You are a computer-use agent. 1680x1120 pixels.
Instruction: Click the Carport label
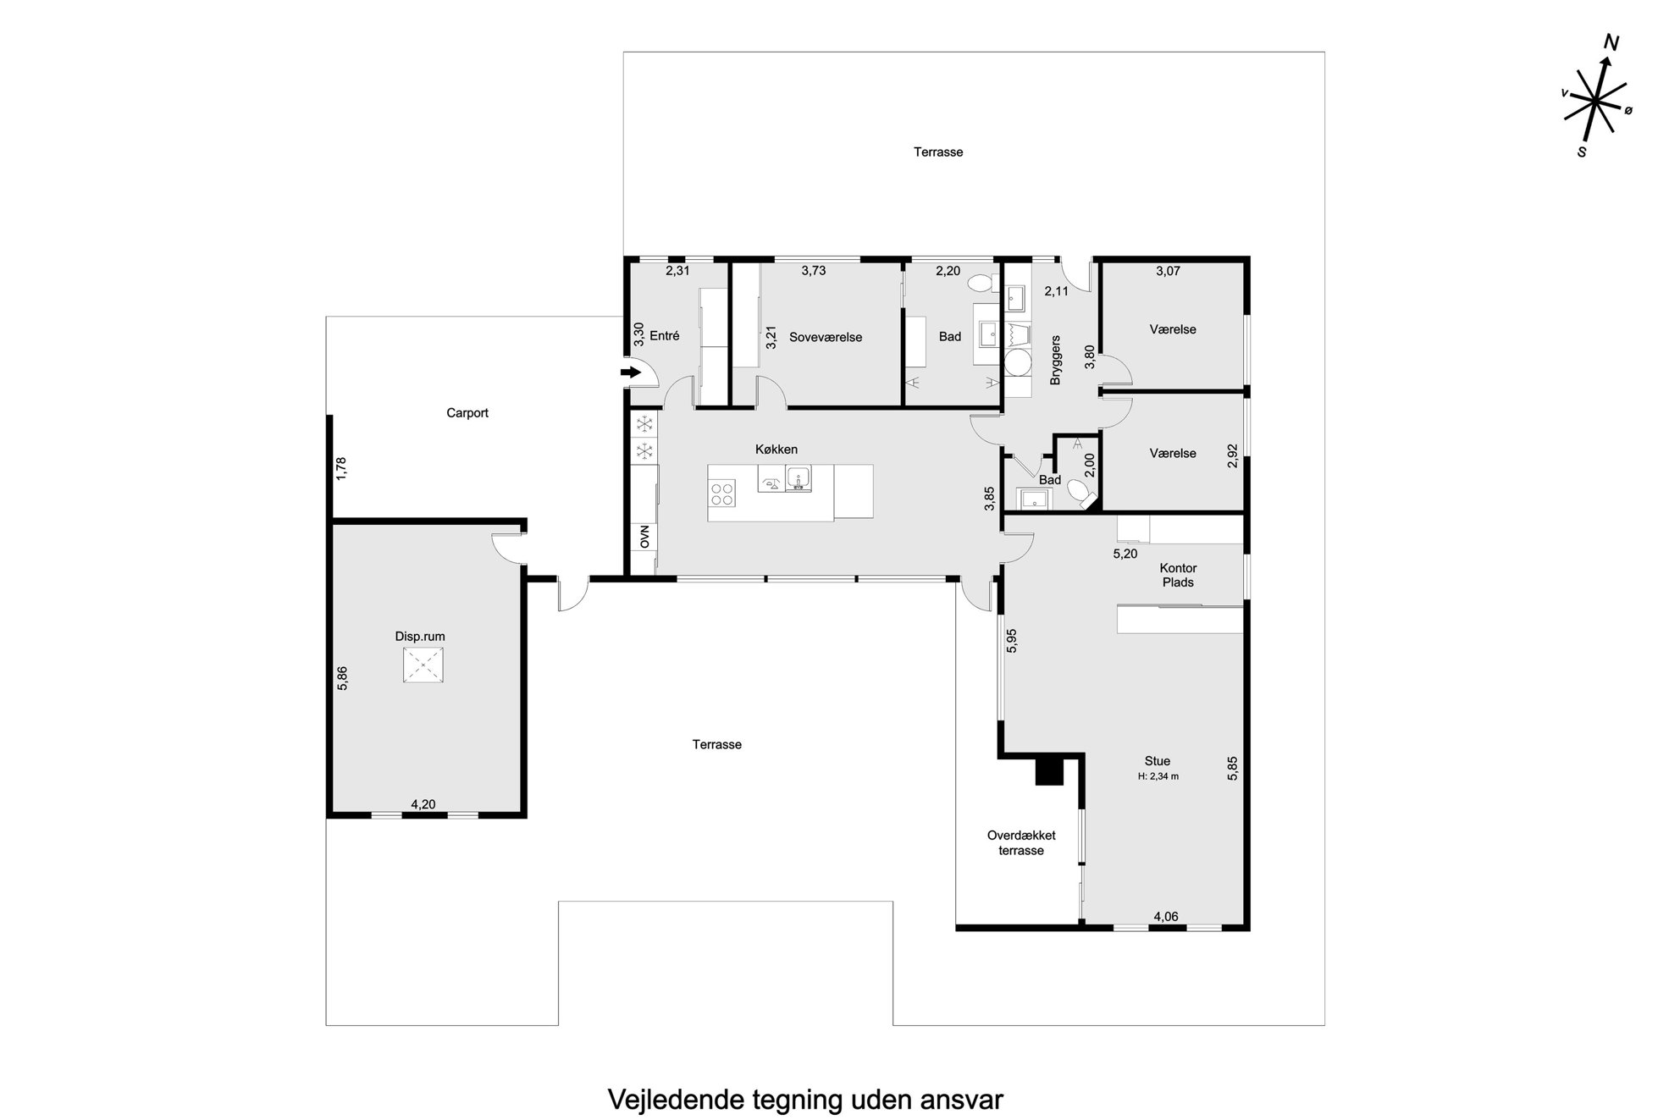467,413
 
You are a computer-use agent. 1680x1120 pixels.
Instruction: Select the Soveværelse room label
826,337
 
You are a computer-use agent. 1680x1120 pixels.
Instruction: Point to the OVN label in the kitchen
645,537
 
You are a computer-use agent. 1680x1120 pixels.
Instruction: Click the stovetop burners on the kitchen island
722,494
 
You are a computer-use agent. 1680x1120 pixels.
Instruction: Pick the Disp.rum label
420,637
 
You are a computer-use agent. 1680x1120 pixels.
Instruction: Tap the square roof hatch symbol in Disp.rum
423,665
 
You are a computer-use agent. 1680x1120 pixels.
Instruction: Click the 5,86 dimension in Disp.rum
342,678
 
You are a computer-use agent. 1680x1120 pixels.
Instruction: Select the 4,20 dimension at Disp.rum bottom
423,804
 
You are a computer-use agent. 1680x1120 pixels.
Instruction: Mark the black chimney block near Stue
1049,770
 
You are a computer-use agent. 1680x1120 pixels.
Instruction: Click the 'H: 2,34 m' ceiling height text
1158,776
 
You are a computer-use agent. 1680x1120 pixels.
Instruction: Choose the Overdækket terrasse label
1021,843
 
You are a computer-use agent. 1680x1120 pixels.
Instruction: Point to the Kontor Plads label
1178,575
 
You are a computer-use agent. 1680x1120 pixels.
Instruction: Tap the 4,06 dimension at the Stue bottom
1166,916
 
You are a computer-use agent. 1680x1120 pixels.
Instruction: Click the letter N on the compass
1611,44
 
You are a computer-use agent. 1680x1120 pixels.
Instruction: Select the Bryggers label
1055,361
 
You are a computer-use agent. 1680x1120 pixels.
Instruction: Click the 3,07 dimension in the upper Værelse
1168,271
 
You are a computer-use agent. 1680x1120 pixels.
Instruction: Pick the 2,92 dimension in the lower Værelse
1232,455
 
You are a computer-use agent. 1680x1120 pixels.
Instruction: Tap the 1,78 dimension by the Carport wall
341,469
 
